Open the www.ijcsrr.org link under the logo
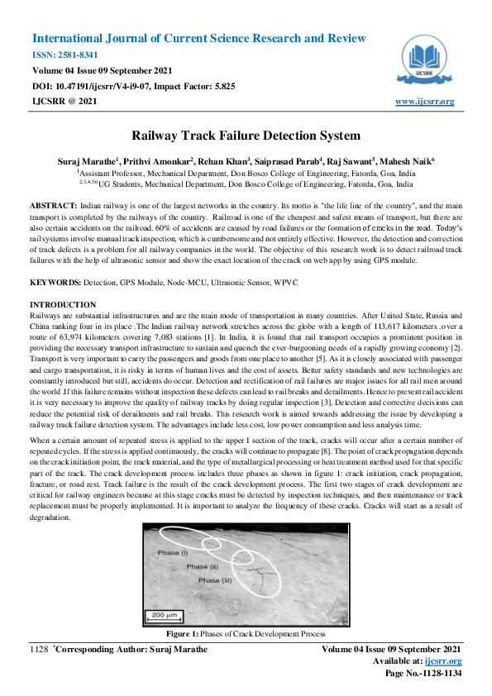click(x=424, y=102)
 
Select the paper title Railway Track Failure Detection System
click(x=246, y=136)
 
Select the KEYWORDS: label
click(x=59, y=283)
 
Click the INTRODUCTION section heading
click(x=63, y=306)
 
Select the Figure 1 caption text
click(x=246, y=633)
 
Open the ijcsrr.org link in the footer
click(x=444, y=661)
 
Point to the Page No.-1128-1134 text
click(x=423, y=674)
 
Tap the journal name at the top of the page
click(x=198, y=39)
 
